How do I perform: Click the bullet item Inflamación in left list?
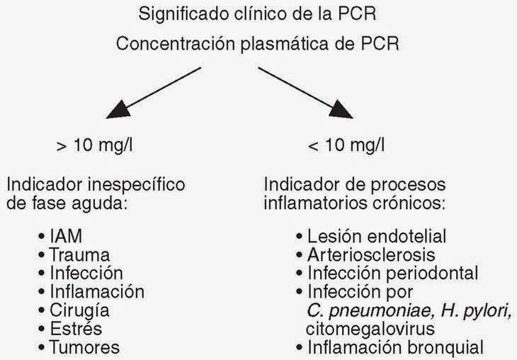click(96, 291)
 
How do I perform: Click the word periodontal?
click(438, 273)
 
